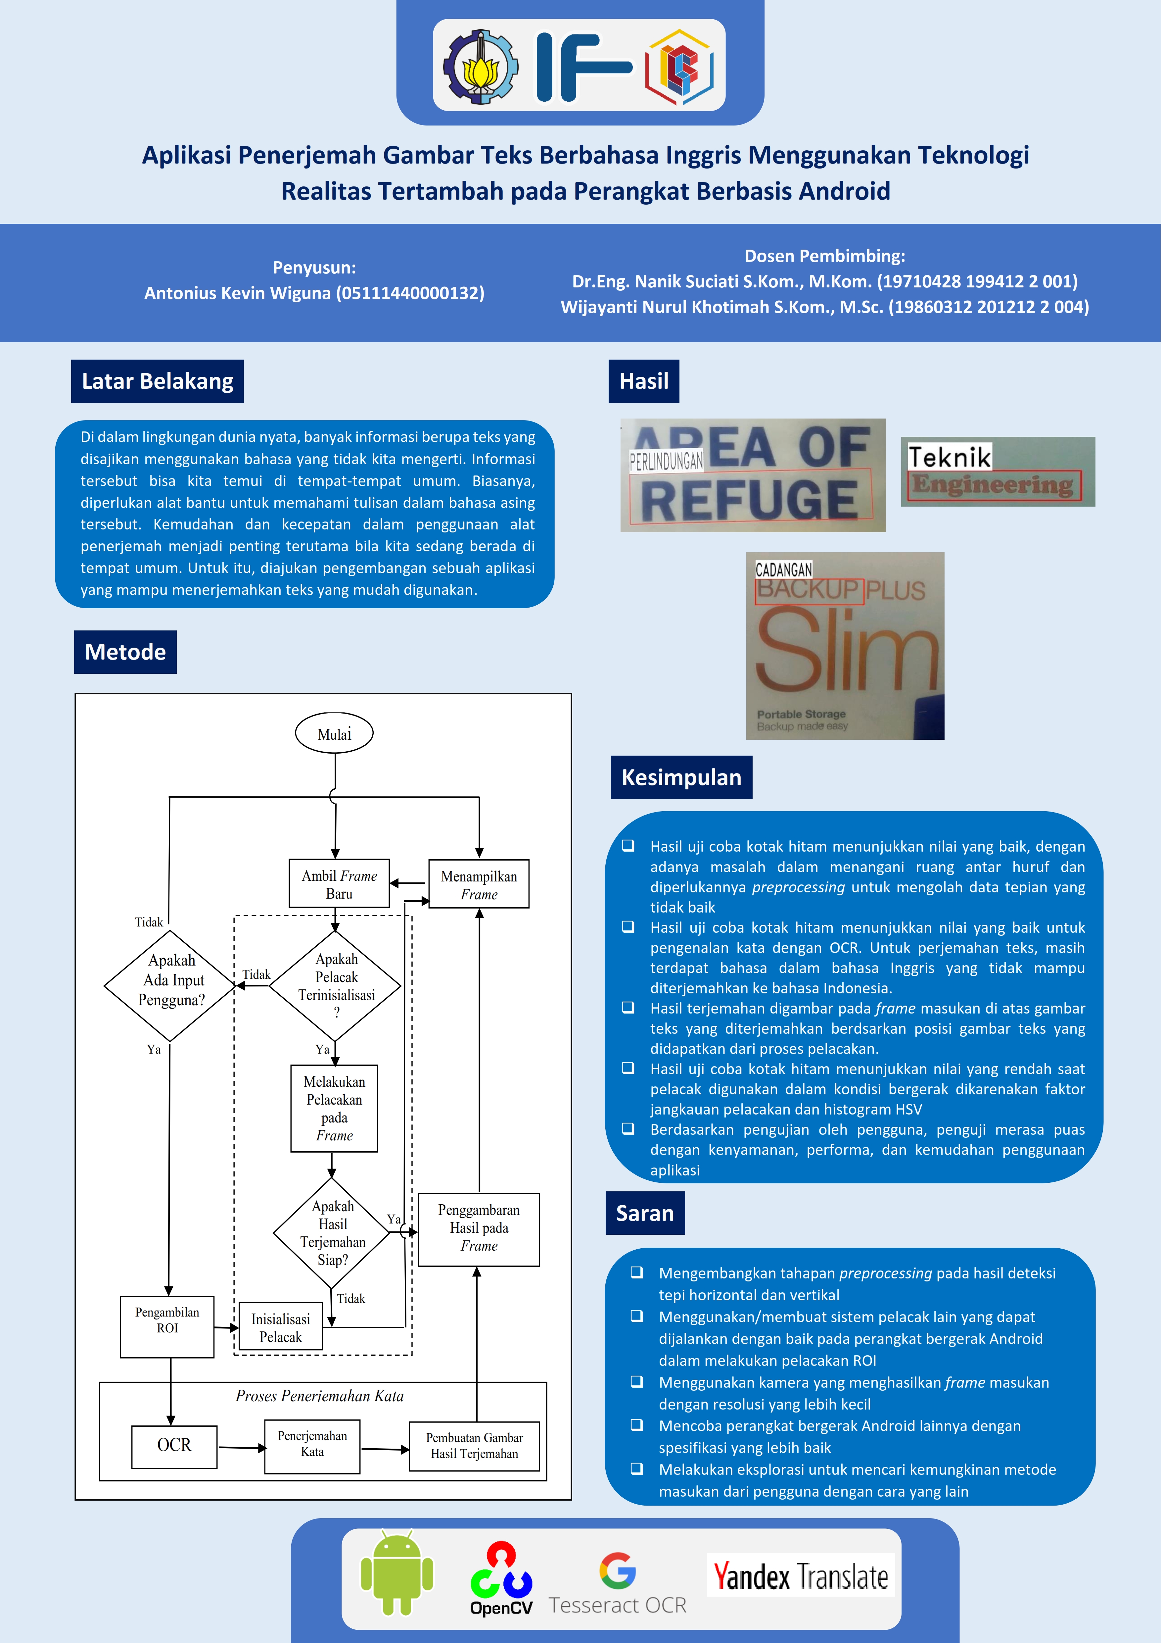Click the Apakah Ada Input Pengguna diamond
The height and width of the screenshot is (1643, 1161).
[x=170, y=985]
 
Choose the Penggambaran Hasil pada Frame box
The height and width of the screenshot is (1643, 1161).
[x=479, y=1228]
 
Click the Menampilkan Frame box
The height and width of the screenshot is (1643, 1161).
[x=479, y=884]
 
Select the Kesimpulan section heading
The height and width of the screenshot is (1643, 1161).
[x=681, y=777]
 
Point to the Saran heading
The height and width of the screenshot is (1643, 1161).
[x=644, y=1213]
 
